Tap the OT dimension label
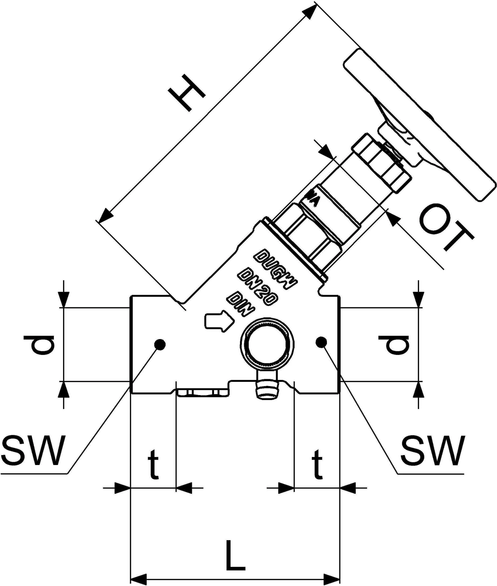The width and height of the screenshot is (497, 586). pyautogui.click(x=446, y=228)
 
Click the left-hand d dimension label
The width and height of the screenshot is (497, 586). pyautogui.click(x=39, y=345)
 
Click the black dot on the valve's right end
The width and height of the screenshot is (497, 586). pyautogui.click(x=321, y=342)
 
